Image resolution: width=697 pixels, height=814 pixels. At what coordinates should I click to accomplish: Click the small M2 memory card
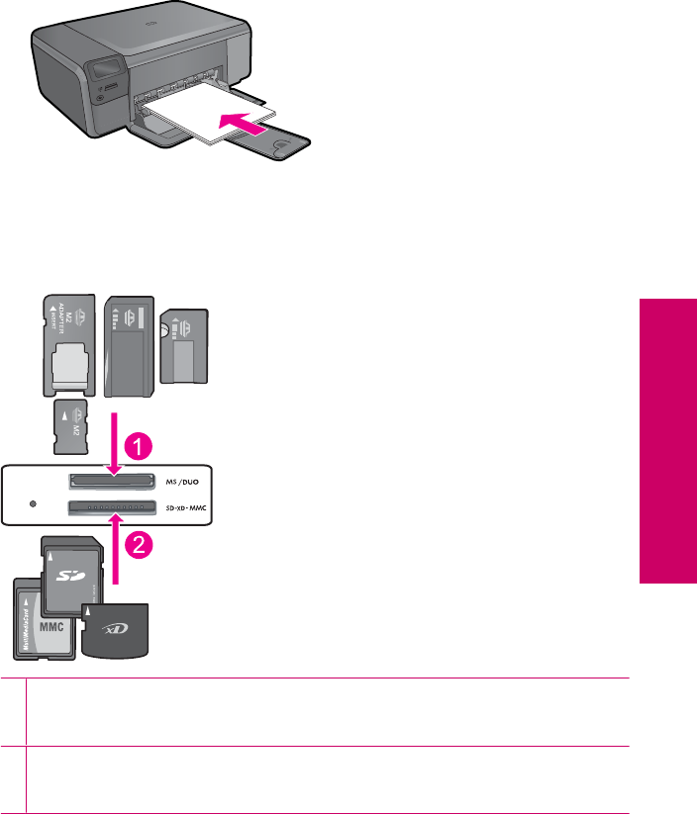pos(65,426)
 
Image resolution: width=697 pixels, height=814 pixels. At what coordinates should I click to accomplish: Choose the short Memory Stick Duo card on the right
pos(185,345)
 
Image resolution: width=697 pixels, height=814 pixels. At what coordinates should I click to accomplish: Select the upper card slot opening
pos(111,482)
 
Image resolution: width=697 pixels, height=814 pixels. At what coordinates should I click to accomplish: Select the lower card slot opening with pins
pos(111,509)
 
